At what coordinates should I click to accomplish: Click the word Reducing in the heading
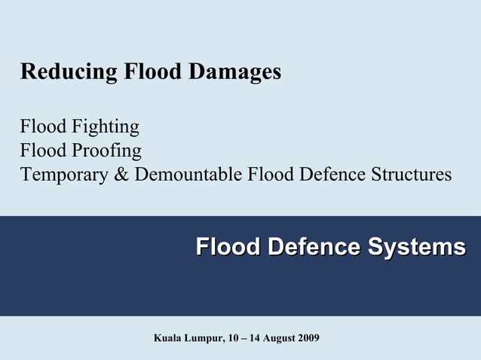(69, 72)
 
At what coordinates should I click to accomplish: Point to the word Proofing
(106, 151)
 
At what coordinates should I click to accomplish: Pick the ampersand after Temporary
(122, 175)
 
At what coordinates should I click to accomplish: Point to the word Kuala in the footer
(168, 337)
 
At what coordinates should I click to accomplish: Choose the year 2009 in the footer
(308, 337)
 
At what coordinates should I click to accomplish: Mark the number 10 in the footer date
(231, 337)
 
